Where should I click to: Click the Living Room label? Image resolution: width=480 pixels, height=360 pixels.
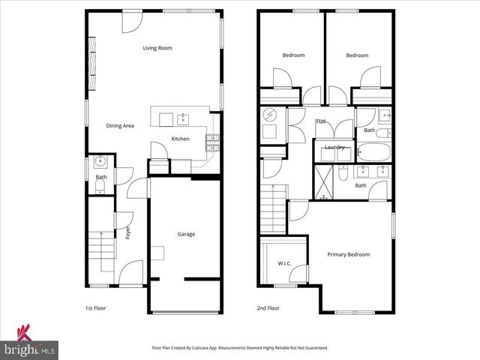pyautogui.click(x=158, y=48)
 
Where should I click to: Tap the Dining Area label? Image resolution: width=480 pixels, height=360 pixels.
pyautogui.click(x=120, y=126)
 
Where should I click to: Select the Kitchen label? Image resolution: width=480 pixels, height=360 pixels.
pyautogui.click(x=180, y=139)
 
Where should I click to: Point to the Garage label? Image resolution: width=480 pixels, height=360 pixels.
pyautogui.click(x=186, y=234)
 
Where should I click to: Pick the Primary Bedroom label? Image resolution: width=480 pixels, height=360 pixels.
pyautogui.click(x=348, y=254)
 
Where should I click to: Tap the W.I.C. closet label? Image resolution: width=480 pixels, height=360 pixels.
pyautogui.click(x=284, y=263)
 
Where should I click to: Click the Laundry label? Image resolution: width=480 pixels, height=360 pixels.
pyautogui.click(x=334, y=147)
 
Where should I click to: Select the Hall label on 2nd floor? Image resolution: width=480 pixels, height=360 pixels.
pyautogui.click(x=321, y=121)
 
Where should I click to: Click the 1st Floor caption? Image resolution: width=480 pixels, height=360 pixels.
pyautogui.click(x=94, y=308)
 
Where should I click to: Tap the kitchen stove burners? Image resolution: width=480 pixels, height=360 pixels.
pyautogui.click(x=212, y=142)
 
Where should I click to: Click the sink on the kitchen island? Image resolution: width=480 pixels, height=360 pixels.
pyautogui.click(x=182, y=118)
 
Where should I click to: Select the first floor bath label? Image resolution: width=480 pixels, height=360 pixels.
pyautogui.click(x=100, y=177)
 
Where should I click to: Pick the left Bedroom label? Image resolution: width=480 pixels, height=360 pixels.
pyautogui.click(x=293, y=55)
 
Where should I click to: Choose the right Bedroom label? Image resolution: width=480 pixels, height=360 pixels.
pyautogui.click(x=357, y=55)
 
